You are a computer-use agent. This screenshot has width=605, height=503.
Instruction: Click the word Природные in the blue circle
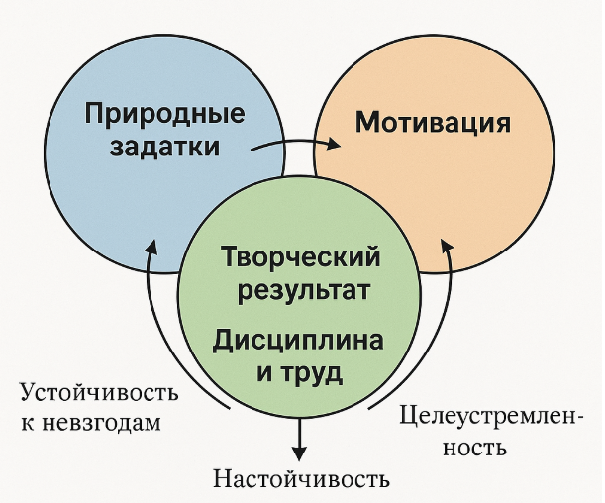coord(164,114)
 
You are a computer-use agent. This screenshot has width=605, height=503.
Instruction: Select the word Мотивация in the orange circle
coord(433,125)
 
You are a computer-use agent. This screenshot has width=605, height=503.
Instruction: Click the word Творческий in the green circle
coord(301,259)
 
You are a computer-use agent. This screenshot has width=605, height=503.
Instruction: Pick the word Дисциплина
coord(298,341)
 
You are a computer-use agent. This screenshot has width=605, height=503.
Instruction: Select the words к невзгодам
coord(91,422)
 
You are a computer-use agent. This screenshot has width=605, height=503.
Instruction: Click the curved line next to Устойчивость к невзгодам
coord(159,337)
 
